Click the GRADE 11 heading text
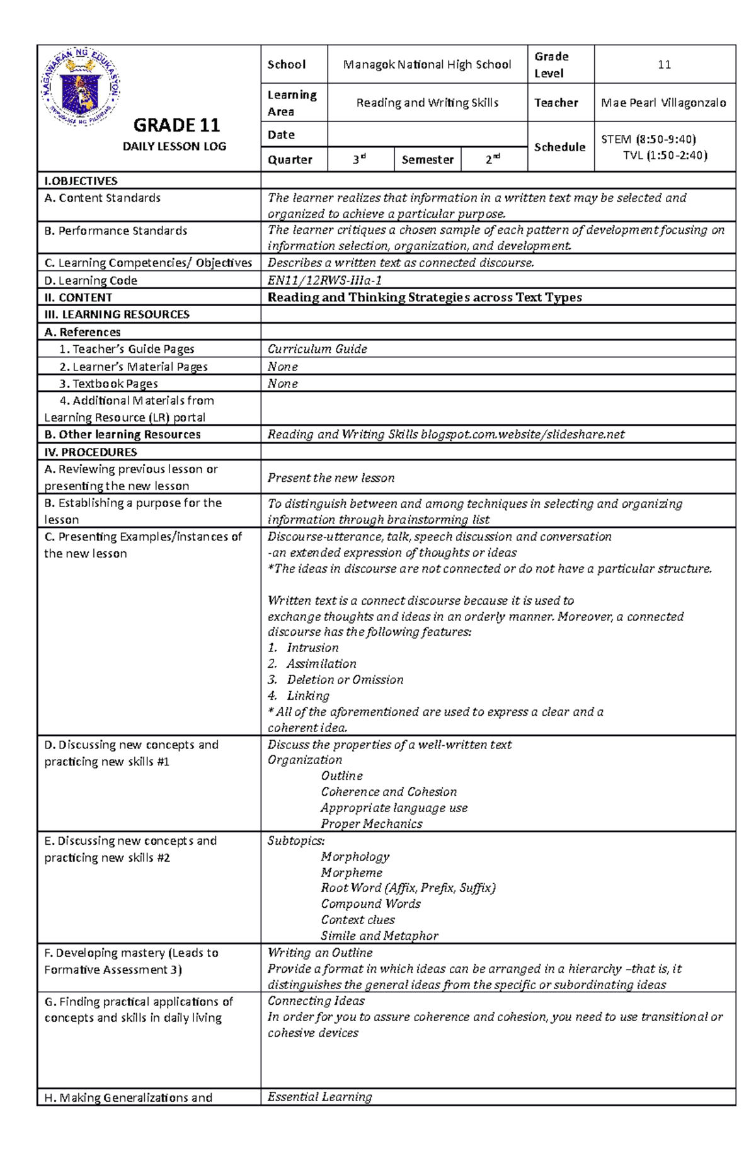[176, 125]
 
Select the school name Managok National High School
[427, 64]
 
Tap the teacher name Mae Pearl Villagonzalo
[663, 103]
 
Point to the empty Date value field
[427, 135]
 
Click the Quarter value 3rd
[359, 160]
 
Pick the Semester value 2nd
[493, 160]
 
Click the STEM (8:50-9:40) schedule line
[648, 139]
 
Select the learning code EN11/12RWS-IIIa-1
[324, 280]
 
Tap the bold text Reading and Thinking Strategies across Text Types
[424, 297]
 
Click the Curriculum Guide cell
[317, 349]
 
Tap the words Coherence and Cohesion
[388, 792]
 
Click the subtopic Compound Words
[370, 904]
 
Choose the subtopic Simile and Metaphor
[379, 936]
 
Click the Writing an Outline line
[319, 953]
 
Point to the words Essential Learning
[319, 1097]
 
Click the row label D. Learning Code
[91, 281]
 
